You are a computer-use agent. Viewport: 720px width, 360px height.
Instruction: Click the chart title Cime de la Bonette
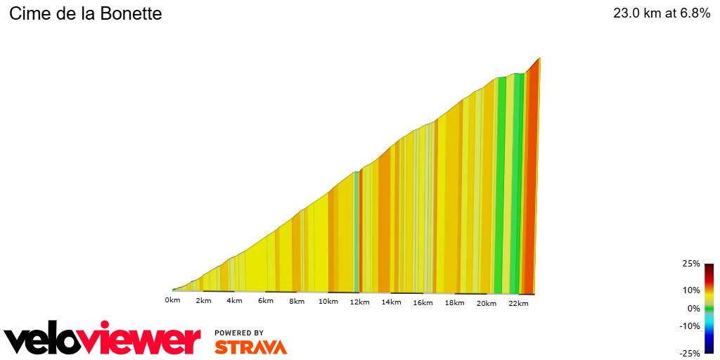click(x=85, y=13)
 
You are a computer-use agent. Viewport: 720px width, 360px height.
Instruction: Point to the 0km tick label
click(x=172, y=301)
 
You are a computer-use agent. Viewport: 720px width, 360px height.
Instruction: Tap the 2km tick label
click(x=203, y=302)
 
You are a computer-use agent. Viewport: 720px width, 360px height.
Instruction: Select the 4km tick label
click(x=234, y=302)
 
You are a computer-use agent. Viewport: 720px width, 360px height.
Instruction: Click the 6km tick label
click(x=265, y=302)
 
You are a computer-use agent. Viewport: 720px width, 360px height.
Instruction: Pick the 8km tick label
click(x=297, y=302)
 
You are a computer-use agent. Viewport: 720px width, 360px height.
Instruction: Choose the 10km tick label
click(x=328, y=302)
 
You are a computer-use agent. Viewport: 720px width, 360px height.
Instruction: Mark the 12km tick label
click(x=359, y=302)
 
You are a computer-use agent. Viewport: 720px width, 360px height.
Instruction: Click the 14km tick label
click(x=391, y=302)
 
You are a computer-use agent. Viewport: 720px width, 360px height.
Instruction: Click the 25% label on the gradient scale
click(x=692, y=264)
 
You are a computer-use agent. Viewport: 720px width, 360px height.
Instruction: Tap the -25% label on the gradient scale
click(x=690, y=354)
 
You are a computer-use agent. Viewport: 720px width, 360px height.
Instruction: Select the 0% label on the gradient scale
click(x=693, y=308)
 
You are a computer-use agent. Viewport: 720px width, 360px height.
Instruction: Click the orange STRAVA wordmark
click(x=250, y=347)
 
